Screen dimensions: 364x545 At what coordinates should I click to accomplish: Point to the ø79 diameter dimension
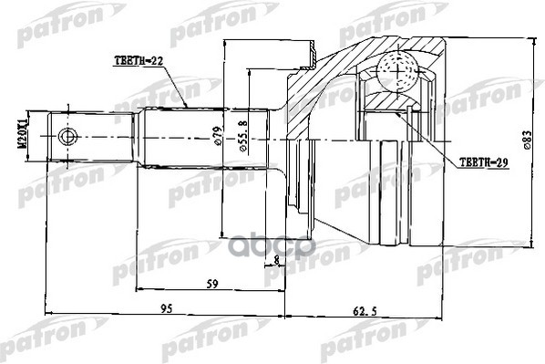[217, 138]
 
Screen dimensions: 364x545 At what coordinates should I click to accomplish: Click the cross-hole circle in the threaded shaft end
[65, 138]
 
